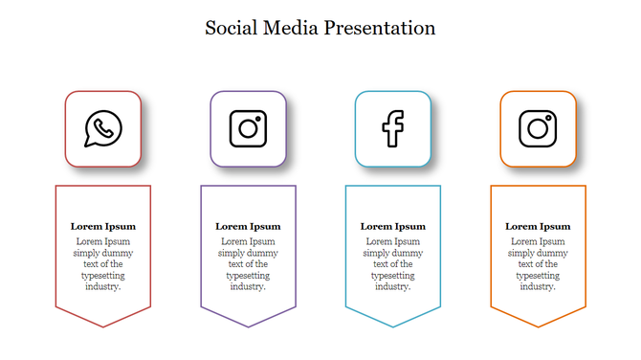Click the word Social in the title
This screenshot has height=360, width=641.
[231, 28]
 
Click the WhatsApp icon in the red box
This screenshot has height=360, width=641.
[103, 128]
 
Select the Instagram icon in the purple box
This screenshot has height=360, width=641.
[248, 128]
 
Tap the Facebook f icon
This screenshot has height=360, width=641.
[392, 128]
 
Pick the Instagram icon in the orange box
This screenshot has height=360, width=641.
[538, 128]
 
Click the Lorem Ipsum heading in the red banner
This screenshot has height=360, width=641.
[103, 227]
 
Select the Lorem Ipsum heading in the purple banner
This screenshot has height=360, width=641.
[248, 227]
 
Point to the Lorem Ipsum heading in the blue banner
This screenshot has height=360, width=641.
[392, 227]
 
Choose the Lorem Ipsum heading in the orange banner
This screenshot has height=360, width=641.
[538, 227]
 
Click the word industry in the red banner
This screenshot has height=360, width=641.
[102, 286]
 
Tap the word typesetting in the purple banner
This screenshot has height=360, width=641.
[248, 276]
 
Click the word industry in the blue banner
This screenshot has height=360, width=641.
[392, 286]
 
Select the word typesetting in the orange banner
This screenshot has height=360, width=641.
[538, 276]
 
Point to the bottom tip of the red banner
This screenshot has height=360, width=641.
[103, 326]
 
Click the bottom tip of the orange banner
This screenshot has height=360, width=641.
[538, 326]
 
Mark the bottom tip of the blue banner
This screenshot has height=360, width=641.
[392, 326]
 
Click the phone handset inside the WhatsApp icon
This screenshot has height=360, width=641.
[103, 126]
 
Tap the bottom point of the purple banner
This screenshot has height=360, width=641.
[248, 326]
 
